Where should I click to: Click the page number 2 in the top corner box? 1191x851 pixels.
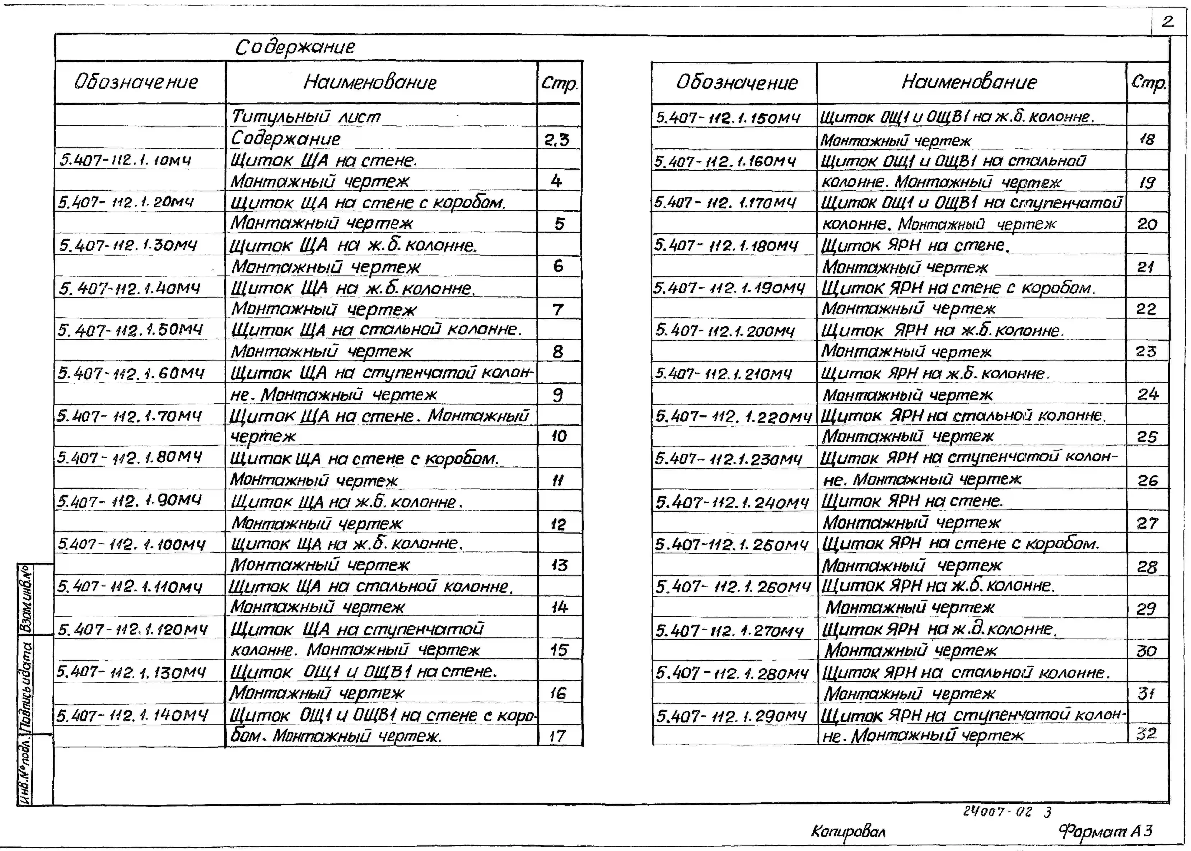1168,22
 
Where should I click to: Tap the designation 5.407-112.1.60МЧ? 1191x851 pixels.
131,373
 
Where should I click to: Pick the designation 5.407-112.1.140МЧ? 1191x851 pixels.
132,715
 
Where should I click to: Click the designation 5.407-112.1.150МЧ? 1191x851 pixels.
728,118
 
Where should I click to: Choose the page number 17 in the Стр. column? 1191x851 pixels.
557,736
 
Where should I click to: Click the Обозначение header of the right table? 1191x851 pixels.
736,82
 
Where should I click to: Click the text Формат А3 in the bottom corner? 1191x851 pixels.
1106,831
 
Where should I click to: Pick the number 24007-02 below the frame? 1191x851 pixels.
998,812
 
